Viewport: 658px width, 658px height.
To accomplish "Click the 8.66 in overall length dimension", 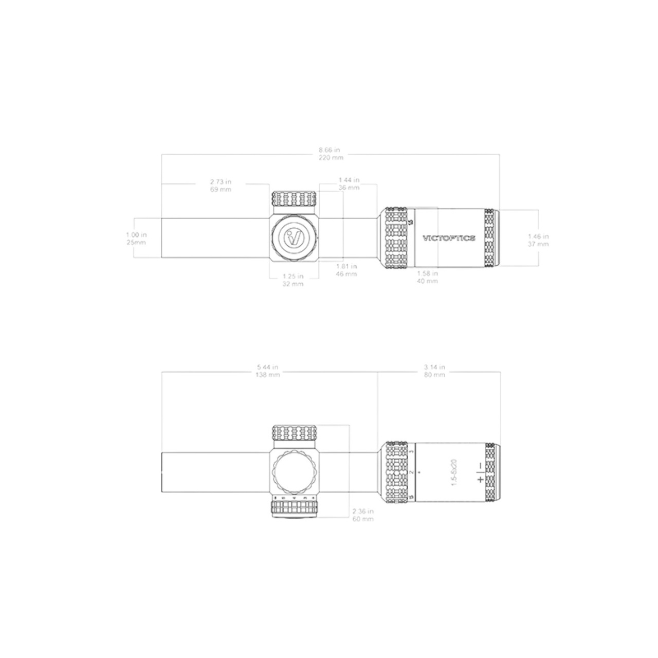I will click(x=331, y=154).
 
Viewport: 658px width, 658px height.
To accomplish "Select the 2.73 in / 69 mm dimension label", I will click(x=221, y=185).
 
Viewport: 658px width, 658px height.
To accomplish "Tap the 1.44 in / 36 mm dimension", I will click(x=349, y=184).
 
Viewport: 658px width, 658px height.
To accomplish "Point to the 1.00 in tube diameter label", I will click(x=136, y=238).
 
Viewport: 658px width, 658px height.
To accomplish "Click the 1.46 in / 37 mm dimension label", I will click(x=538, y=240).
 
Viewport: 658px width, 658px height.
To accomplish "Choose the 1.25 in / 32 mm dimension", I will click(x=293, y=280).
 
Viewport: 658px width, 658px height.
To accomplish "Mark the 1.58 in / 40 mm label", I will click(x=427, y=277).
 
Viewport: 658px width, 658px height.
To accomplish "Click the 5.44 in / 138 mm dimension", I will click(x=268, y=371).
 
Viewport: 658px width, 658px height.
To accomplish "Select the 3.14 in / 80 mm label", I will click(x=434, y=371).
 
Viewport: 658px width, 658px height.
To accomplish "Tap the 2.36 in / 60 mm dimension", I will click(x=363, y=515).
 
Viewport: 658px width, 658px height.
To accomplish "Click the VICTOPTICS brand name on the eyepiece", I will click(x=449, y=238).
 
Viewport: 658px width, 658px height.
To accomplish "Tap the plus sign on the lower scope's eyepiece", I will click(x=480, y=480).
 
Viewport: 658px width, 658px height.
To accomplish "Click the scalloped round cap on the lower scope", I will click(x=294, y=471).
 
